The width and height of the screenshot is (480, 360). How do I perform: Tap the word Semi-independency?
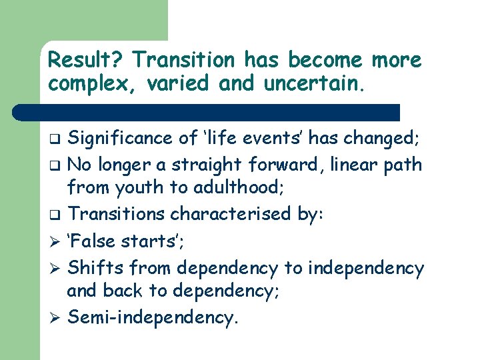pyautogui.click(x=153, y=317)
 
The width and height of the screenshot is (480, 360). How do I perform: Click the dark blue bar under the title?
pyautogui.click(x=220, y=112)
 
